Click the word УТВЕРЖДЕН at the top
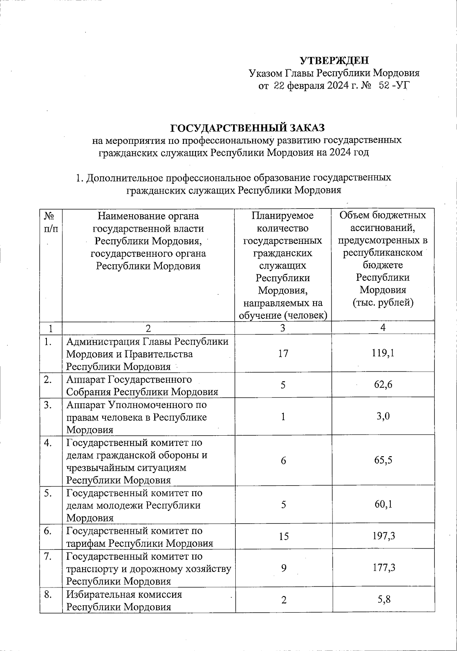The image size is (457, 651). pos(334,61)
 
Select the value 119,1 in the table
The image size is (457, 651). pos(383,353)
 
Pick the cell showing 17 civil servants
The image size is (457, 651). pos(283,353)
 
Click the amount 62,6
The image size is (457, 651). pos(383,385)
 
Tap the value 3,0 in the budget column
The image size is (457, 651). pos(383,416)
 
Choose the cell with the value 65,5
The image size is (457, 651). pos(383,460)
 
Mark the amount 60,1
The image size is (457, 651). pos(383,505)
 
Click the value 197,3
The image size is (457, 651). pos(383,536)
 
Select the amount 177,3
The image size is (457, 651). pos(383,568)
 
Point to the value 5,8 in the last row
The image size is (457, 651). pos(383,600)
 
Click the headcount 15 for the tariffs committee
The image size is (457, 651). pos(283,536)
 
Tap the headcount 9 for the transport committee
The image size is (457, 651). pos(283,568)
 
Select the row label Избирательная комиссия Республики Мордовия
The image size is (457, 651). pos(124,600)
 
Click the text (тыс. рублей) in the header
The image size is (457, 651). pos(383,303)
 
